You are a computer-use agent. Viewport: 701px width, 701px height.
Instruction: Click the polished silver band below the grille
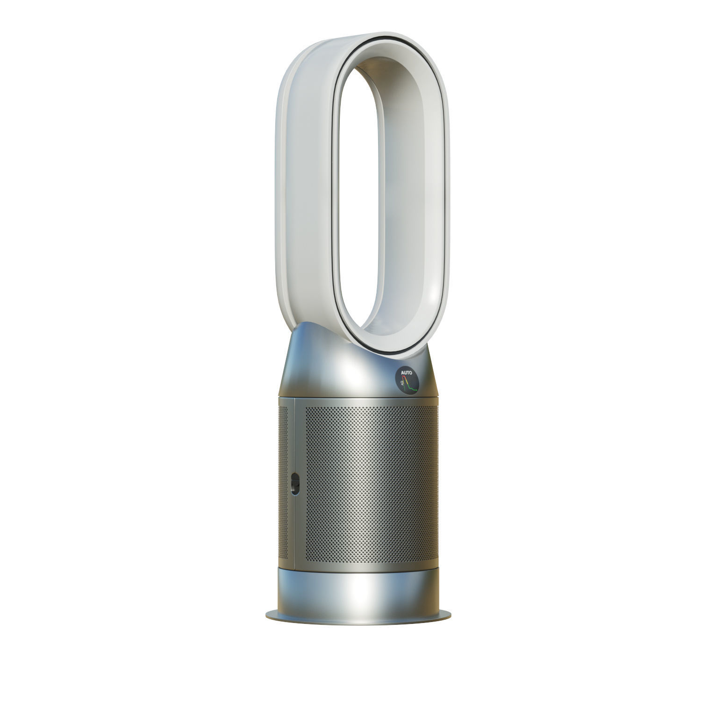[x=355, y=589]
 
